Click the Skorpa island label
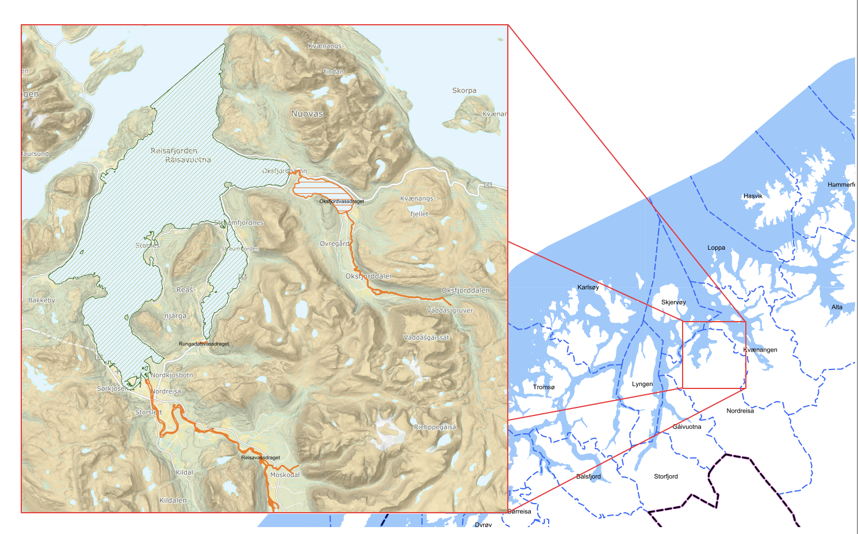pos(464,90)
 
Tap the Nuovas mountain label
pos(307,114)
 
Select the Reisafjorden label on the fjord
pos(174,151)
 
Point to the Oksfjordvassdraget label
pos(342,201)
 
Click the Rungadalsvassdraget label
pos(204,344)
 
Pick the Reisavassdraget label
pos(261,457)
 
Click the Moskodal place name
pos(285,475)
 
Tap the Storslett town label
pos(148,412)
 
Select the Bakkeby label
pos(41,300)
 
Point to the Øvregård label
pos(335,243)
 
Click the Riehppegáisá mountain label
pos(435,427)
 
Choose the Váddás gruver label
pos(450,310)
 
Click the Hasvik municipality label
pos(753,196)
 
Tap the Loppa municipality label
pos(716,247)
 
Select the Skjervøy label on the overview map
pos(673,302)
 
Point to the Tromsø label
pos(543,387)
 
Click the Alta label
pos(837,307)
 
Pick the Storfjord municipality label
pos(665,476)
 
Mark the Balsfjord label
pos(588,476)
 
